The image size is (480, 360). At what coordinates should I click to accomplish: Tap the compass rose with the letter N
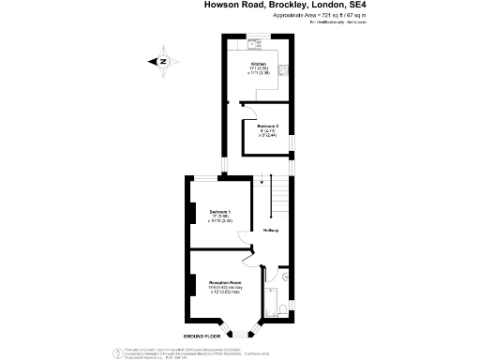click(162, 62)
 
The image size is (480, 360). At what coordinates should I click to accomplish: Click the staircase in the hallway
click(277, 198)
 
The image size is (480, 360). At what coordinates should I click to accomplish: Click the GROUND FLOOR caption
click(202, 335)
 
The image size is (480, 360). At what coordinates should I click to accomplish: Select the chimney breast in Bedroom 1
click(194, 215)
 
